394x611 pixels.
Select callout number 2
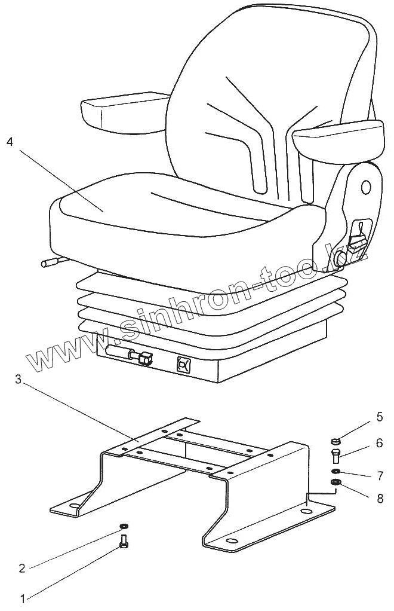coord(22,568)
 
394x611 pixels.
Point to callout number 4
coord(8,142)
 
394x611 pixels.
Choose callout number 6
coord(380,443)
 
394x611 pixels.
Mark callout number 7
coord(380,476)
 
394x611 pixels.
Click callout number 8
coord(380,498)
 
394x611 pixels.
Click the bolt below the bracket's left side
coord(124,542)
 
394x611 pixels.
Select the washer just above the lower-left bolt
coord(124,526)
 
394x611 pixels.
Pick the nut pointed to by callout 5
coord(335,442)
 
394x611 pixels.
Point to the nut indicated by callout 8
coord(335,482)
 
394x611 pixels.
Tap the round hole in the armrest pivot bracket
coord(365,187)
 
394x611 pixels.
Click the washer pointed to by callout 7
coord(335,472)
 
